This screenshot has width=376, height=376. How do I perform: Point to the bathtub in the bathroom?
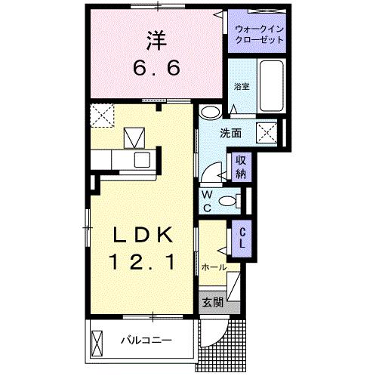click(270, 85)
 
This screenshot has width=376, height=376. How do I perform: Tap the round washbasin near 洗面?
click(211, 113)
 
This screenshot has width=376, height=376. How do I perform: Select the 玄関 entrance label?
click(212, 303)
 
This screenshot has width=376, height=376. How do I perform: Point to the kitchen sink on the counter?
click(141, 159)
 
